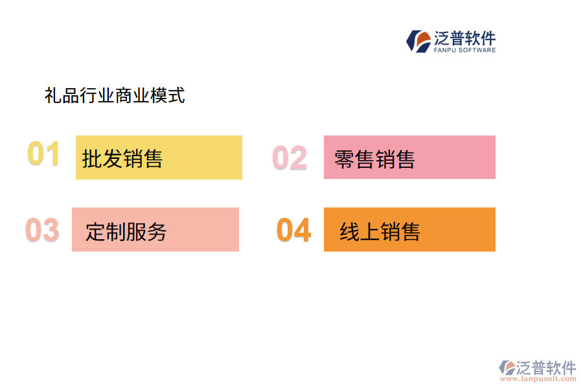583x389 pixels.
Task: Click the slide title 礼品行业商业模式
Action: click(x=115, y=96)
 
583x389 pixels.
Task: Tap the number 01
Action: click(x=43, y=154)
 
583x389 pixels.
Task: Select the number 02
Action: click(x=290, y=158)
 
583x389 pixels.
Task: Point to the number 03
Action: click(x=42, y=231)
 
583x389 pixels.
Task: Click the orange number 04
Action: click(x=294, y=230)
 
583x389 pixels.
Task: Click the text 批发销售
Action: click(x=122, y=158)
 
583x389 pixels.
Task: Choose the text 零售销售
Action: click(x=374, y=159)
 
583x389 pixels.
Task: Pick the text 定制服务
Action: click(x=126, y=231)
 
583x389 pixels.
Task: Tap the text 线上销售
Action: click(x=380, y=231)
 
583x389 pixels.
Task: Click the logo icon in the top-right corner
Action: click(x=418, y=41)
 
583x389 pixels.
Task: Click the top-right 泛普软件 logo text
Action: click(x=465, y=38)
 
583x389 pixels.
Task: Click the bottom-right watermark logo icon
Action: click(x=507, y=368)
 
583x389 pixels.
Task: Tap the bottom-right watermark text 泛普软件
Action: click(x=546, y=368)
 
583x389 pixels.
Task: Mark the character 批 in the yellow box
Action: click(x=92, y=158)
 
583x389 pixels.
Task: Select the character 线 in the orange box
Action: click(x=350, y=231)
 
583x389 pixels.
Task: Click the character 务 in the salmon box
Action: click(x=157, y=231)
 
